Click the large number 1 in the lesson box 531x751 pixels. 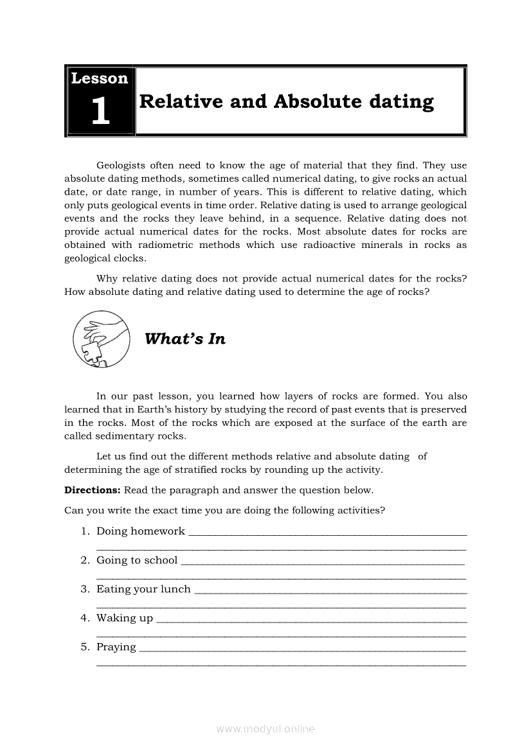click(x=100, y=111)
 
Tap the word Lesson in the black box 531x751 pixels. click(x=100, y=79)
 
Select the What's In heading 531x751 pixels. click(x=185, y=339)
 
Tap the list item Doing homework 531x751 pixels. click(x=140, y=531)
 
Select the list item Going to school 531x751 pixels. click(x=136, y=560)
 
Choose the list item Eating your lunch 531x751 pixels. click(x=143, y=589)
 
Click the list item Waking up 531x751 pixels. click(x=125, y=618)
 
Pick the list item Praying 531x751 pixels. click(x=116, y=647)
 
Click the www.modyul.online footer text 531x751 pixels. click(x=265, y=729)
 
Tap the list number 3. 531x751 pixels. click(x=84, y=589)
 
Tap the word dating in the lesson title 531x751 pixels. click(x=402, y=102)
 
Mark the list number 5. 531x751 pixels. click(x=84, y=647)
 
